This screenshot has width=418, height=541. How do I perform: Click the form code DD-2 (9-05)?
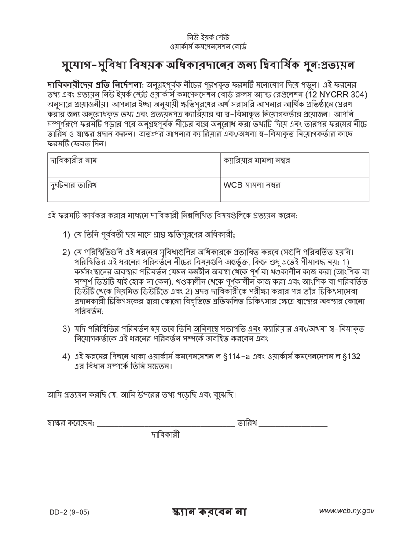pyautogui.click(x=70, y=512)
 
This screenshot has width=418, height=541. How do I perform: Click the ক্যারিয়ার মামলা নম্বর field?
pyautogui.click(x=294, y=164)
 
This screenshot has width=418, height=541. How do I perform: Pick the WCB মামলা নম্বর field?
pyautogui.click(x=294, y=189)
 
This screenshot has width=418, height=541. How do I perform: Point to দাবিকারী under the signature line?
pyautogui.click(x=165, y=435)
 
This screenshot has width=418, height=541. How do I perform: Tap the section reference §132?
pyautogui.click(x=351, y=356)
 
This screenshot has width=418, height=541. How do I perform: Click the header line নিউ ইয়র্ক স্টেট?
pyautogui.click(x=209, y=37)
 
